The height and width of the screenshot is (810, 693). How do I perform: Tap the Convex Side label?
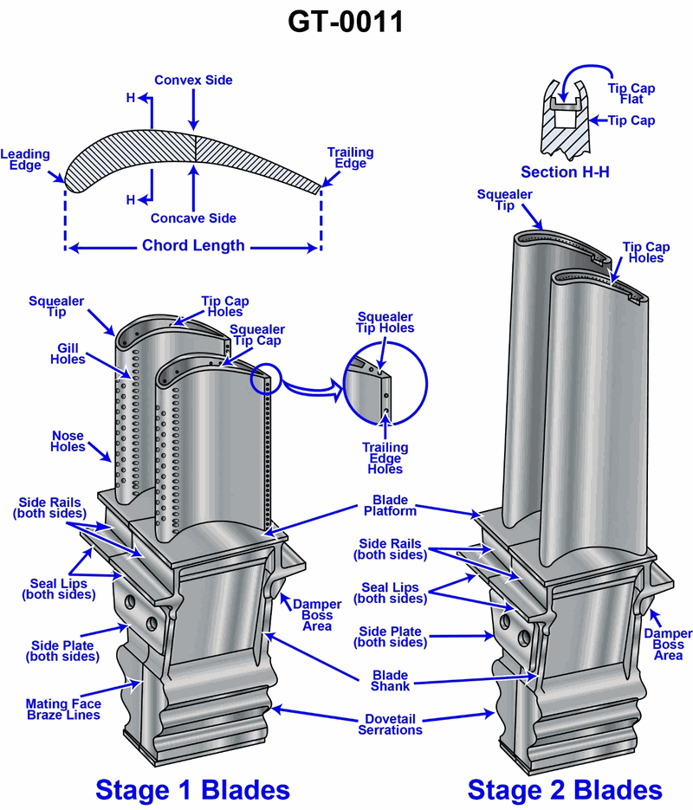[x=193, y=81]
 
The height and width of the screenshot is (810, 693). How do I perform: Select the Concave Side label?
[x=193, y=218]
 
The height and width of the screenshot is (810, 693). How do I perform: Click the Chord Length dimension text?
[x=193, y=246]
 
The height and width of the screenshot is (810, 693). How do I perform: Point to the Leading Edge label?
[x=26, y=160]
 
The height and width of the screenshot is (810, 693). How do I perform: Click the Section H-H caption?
[x=565, y=172]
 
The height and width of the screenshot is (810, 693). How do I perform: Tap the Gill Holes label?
[x=68, y=353]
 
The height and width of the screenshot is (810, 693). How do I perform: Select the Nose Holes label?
[x=68, y=442]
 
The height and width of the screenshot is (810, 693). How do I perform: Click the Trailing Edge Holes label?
[x=385, y=458]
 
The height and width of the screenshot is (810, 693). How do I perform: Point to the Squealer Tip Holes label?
[x=385, y=322]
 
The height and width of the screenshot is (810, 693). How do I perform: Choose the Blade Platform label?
[x=391, y=506]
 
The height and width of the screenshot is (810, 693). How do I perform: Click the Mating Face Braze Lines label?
[x=62, y=710]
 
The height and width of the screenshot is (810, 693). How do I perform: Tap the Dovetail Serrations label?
[x=390, y=724]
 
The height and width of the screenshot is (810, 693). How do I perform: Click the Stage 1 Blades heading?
[x=192, y=789]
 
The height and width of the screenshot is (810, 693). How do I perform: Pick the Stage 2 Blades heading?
[x=565, y=789]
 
